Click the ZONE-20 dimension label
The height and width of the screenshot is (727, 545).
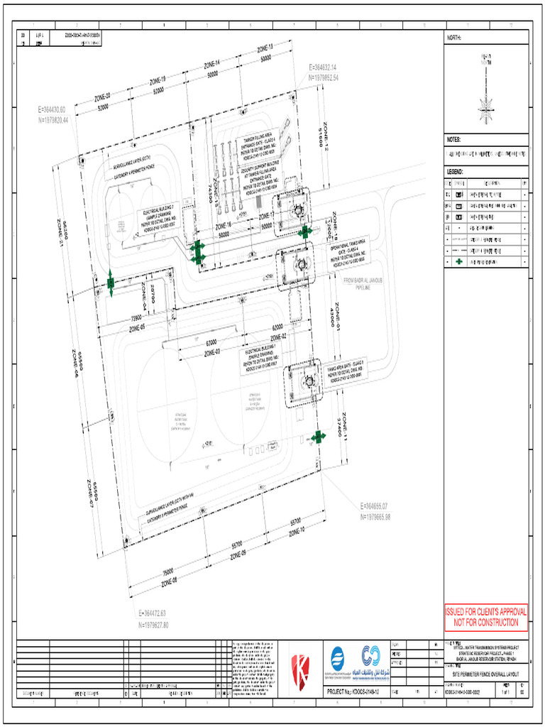(x=102, y=97)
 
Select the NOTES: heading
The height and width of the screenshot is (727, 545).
(x=454, y=140)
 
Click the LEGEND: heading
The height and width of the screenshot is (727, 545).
(x=456, y=173)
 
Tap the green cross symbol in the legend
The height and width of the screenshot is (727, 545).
(x=458, y=262)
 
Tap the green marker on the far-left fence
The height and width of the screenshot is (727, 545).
(x=111, y=283)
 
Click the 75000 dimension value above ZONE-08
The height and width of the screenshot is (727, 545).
(x=168, y=570)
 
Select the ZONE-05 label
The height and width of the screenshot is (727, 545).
(x=137, y=328)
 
